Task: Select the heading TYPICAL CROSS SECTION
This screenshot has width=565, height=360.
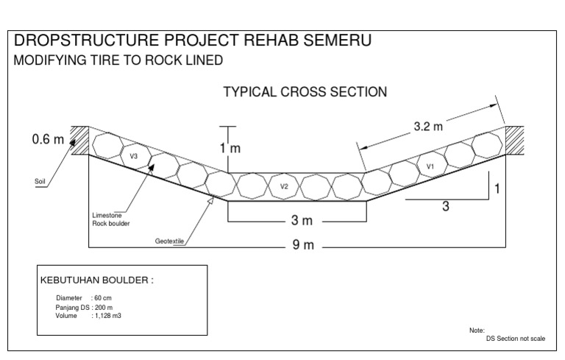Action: (305, 92)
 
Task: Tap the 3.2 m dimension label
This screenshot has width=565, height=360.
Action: (429, 126)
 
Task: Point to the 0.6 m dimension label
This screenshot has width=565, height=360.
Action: (48, 139)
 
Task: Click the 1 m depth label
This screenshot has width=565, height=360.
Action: (230, 148)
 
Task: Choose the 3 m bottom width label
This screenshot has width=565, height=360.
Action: (296, 221)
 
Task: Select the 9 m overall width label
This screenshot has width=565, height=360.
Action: (303, 245)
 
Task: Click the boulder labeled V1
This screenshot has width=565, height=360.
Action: (431, 168)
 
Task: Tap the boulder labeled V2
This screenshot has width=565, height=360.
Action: (285, 186)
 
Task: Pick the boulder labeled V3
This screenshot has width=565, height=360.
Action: (134, 157)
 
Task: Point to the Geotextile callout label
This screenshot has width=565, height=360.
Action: (169, 240)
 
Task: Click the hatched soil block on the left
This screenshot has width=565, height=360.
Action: (79, 140)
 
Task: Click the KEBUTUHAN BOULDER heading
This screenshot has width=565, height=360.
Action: (96, 280)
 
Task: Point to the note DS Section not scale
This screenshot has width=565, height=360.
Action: (516, 338)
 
